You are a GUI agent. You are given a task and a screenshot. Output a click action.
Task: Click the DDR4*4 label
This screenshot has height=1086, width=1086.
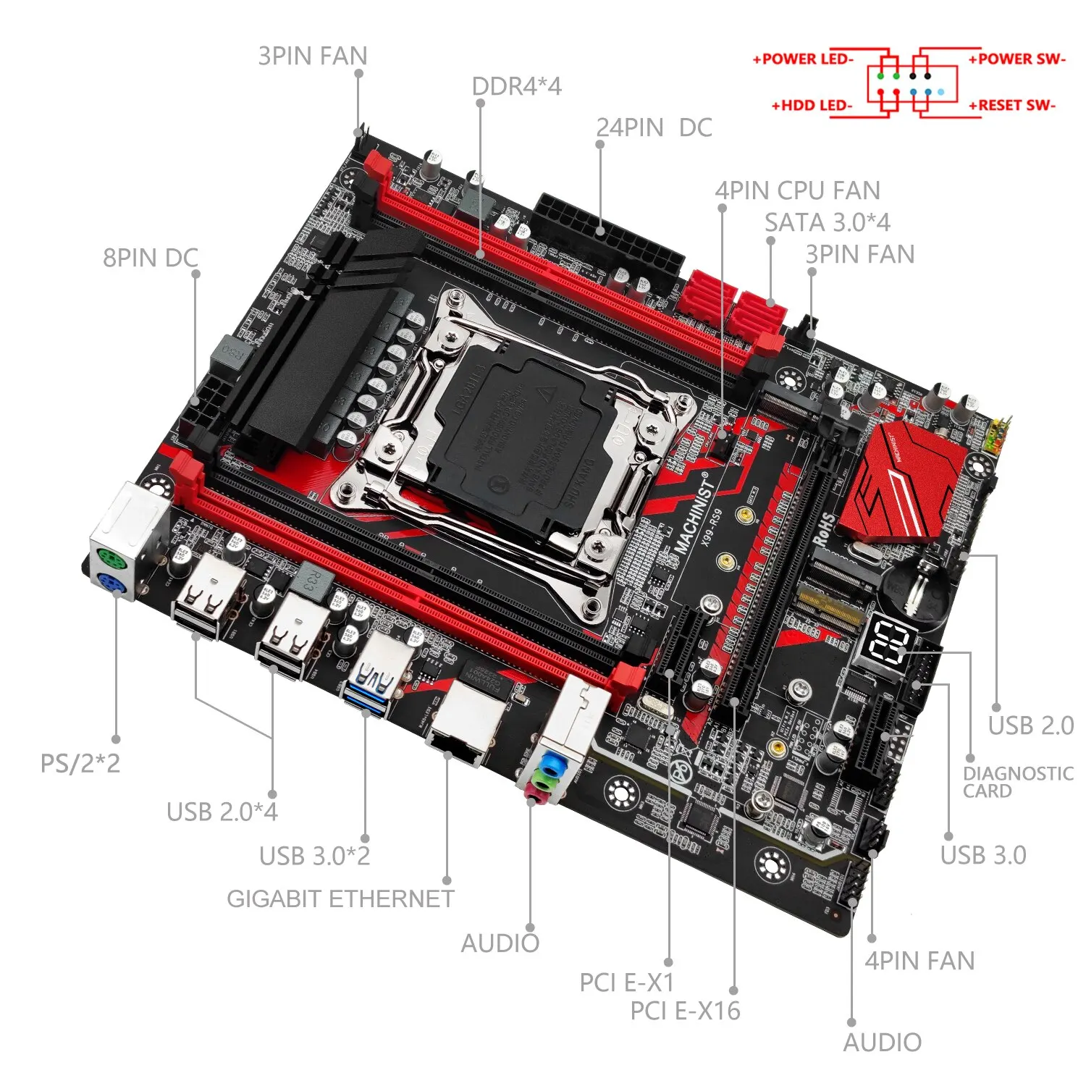[516, 86]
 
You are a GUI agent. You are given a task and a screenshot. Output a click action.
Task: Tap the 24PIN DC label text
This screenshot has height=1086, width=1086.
[654, 127]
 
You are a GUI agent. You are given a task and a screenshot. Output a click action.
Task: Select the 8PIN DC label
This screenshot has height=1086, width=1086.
[150, 258]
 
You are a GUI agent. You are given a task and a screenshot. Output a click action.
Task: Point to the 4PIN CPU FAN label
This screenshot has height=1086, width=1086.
[797, 190]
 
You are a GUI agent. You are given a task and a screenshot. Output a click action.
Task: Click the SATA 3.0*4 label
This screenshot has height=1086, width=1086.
[827, 222]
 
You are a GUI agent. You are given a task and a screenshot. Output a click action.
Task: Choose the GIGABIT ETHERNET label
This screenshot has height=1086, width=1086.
[340, 898]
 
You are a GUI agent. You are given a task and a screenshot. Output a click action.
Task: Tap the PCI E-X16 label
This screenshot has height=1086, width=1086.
[685, 1011]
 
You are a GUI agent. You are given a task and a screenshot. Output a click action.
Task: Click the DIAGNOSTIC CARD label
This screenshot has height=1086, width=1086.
[1017, 782]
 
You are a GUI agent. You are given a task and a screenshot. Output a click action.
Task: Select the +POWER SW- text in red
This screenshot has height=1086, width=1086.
[1016, 59]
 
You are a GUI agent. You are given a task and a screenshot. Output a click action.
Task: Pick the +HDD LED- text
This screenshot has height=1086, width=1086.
[812, 106]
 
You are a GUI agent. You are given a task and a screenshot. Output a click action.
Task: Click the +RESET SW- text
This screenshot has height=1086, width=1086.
[1012, 106]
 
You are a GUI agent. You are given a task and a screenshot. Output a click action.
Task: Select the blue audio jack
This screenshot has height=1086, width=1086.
[553, 764]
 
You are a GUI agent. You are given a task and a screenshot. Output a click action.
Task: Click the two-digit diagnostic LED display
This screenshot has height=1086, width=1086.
[889, 641]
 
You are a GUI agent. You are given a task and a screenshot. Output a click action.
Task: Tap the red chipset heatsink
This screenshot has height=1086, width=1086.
[905, 481]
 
